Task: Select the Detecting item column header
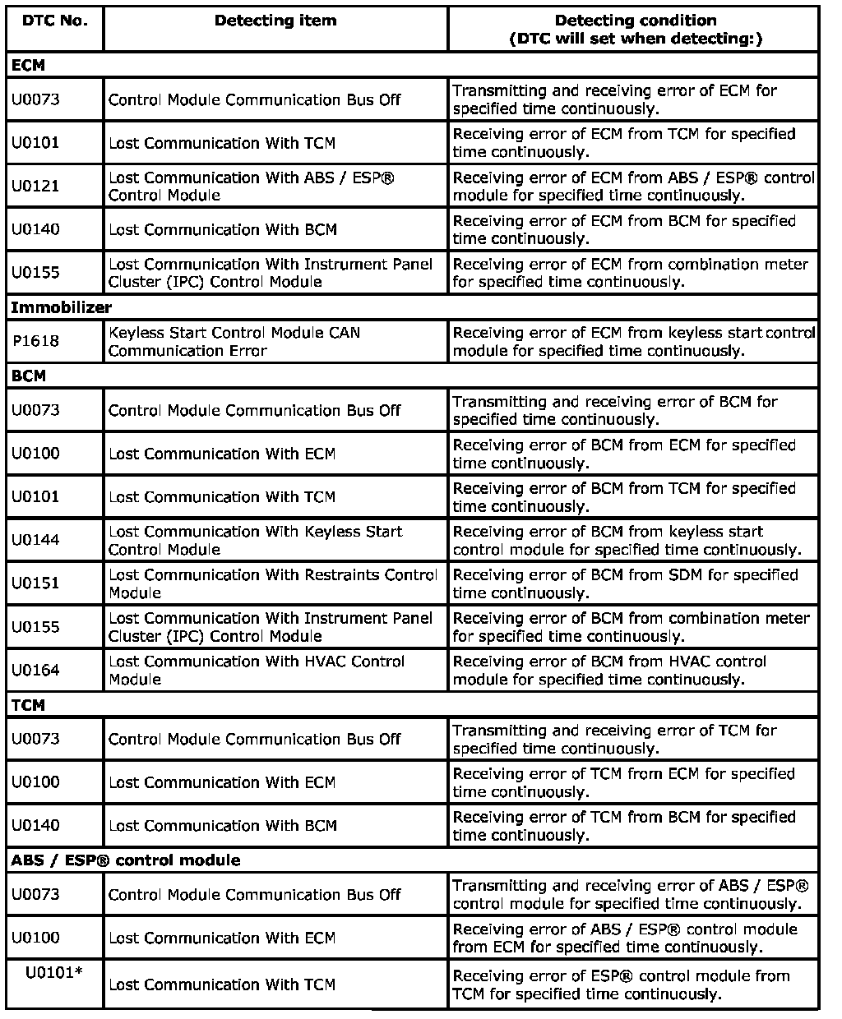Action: [275, 21]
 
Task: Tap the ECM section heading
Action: [28, 65]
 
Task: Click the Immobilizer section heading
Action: [62, 307]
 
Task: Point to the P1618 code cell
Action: [36, 341]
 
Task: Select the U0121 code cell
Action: [36, 186]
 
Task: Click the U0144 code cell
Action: [36, 540]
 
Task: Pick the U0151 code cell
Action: [36, 583]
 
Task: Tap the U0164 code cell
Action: [36, 671]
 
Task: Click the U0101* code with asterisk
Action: [54, 973]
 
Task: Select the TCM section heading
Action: [28, 705]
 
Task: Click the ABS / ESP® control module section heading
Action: [126, 860]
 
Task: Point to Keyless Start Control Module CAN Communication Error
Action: [234, 341]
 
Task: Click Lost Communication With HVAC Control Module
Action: [257, 671]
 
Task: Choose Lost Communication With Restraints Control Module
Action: [272, 583]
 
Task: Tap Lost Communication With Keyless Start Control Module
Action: [256, 540]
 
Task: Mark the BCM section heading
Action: [28, 376]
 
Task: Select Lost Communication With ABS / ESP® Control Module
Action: [252, 186]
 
